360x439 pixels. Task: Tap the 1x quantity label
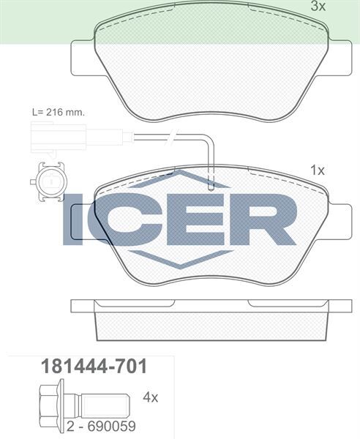(x=317, y=170)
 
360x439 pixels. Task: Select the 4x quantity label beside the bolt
(x=151, y=397)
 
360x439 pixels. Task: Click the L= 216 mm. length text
(x=58, y=113)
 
